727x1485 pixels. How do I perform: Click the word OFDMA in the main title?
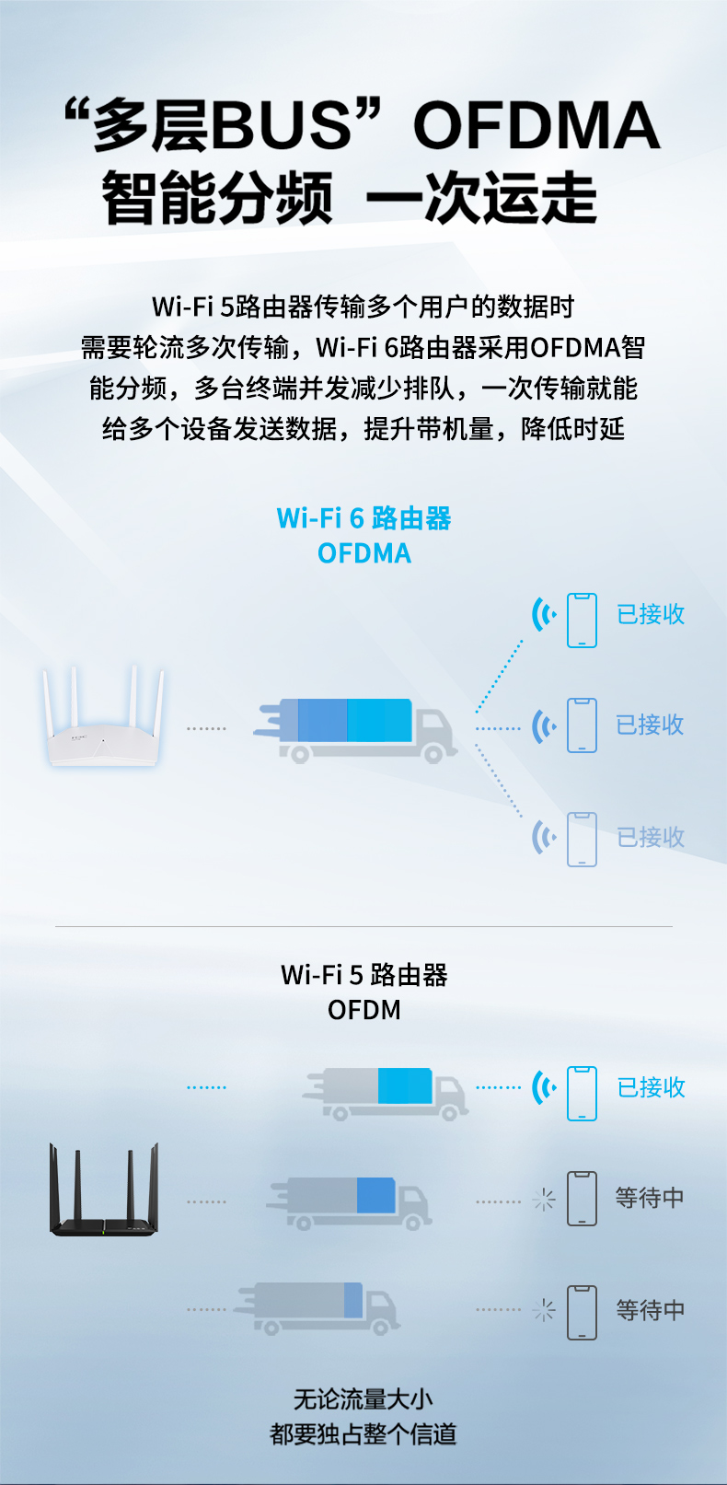tap(537, 124)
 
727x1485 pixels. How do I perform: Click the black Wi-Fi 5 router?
tap(104, 1189)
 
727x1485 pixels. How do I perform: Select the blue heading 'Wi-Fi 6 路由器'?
tap(363, 518)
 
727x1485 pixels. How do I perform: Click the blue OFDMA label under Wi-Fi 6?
tap(363, 553)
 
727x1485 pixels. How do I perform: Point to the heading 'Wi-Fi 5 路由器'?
tap(363, 975)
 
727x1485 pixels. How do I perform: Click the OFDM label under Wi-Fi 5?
tap(363, 1010)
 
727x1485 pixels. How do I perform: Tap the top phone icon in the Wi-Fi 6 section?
tap(582, 621)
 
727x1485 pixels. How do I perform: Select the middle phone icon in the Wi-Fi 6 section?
tap(582, 725)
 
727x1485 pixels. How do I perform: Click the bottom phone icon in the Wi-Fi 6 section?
tap(582, 840)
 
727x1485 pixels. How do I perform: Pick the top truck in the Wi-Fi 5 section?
tap(385, 1094)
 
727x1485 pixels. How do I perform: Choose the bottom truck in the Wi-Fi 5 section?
tap(317, 1308)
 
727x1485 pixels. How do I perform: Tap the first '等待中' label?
tap(650, 1198)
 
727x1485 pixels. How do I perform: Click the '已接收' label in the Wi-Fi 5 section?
tap(651, 1088)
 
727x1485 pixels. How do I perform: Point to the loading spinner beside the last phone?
tap(544, 1310)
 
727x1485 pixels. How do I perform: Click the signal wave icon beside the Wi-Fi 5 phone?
tap(544, 1088)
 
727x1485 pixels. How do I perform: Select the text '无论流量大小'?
tap(363, 1399)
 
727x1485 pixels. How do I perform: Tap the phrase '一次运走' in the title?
tap(481, 198)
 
